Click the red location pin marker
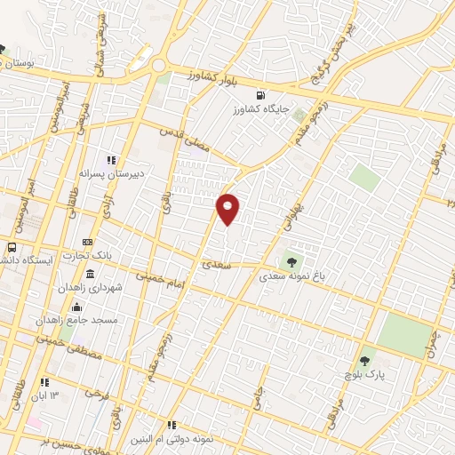click(227, 207)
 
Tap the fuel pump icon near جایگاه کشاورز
click(259, 96)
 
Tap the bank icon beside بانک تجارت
click(87, 242)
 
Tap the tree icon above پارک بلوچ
click(365, 361)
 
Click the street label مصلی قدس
click(184, 139)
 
